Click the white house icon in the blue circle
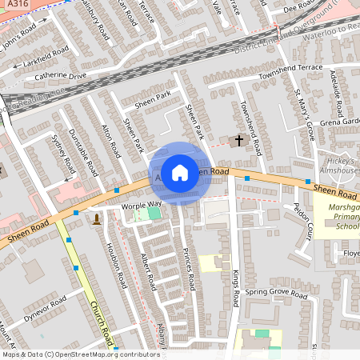(180, 172)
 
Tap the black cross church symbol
(238, 141)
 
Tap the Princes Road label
(188, 270)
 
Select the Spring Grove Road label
(276, 294)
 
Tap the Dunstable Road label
(82, 152)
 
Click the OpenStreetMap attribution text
(80, 354)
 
